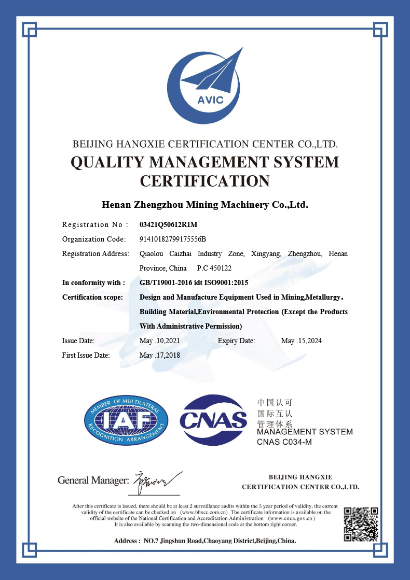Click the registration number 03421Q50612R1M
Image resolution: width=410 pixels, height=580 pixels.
(169, 224)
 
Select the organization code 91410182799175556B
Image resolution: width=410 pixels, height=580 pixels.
(173, 239)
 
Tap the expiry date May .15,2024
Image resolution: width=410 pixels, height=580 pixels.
(302, 341)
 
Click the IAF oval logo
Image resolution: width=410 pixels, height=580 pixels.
(126, 420)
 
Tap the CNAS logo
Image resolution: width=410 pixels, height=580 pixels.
(213, 420)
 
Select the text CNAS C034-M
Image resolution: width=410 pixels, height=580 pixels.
(284, 442)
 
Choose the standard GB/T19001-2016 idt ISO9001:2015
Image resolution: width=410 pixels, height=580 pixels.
(194, 282)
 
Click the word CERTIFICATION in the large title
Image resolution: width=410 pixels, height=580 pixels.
(205, 181)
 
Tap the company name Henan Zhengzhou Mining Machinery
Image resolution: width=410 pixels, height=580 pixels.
(205, 204)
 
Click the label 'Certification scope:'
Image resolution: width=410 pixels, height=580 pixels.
(92, 297)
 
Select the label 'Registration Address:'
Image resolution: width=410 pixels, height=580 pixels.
(95, 253)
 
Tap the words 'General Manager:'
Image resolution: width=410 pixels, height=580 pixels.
(93, 480)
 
